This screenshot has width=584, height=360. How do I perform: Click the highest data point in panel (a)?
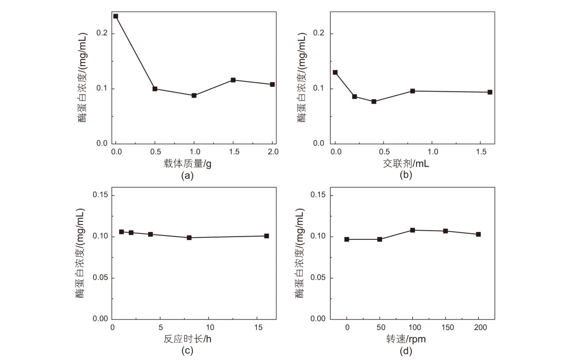[116, 16]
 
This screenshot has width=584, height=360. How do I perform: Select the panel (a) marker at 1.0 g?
[194, 95]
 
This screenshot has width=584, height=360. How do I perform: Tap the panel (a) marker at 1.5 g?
[233, 80]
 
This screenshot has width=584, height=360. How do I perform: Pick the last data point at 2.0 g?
[272, 84]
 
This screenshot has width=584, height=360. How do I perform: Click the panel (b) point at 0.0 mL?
[335, 72]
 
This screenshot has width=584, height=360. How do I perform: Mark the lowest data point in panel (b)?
[374, 101]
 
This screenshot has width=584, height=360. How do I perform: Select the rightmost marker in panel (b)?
[490, 92]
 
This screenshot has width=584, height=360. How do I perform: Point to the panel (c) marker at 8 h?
[189, 238]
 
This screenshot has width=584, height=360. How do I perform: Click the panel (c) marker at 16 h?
[266, 236]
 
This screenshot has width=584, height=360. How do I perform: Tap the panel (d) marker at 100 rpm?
[413, 230]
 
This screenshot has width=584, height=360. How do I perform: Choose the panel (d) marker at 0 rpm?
[347, 239]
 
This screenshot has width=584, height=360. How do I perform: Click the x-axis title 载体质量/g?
[187, 163]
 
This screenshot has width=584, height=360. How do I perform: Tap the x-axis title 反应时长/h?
[187, 339]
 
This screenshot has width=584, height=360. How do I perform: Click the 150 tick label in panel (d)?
[445, 327]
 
